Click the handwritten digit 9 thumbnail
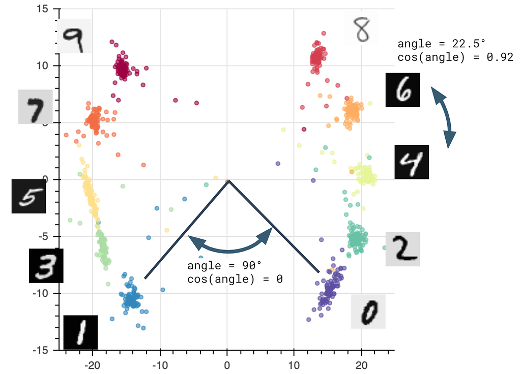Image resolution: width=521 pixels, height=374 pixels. (x=74, y=36)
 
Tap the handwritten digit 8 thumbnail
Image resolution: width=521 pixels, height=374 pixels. (x=361, y=30)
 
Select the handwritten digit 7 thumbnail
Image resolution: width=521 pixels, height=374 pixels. (x=36, y=107)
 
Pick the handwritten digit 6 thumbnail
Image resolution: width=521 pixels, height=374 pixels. (x=403, y=90)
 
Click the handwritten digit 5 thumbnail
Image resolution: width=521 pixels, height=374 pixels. (x=28, y=196)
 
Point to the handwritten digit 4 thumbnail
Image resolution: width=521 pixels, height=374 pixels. (x=412, y=162)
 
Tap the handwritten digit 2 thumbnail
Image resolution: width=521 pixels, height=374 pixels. (x=402, y=249)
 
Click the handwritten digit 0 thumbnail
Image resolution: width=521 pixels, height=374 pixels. (x=368, y=311)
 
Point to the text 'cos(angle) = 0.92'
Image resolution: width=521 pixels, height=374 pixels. (x=455, y=57)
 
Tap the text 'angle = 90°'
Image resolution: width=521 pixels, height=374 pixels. (x=224, y=266)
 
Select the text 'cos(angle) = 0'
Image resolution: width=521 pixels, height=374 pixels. (x=235, y=278)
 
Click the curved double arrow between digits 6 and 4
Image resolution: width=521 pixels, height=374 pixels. (x=445, y=117)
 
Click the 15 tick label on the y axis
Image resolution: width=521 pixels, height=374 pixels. (x=42, y=9)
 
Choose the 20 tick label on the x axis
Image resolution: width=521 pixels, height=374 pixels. (x=361, y=365)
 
